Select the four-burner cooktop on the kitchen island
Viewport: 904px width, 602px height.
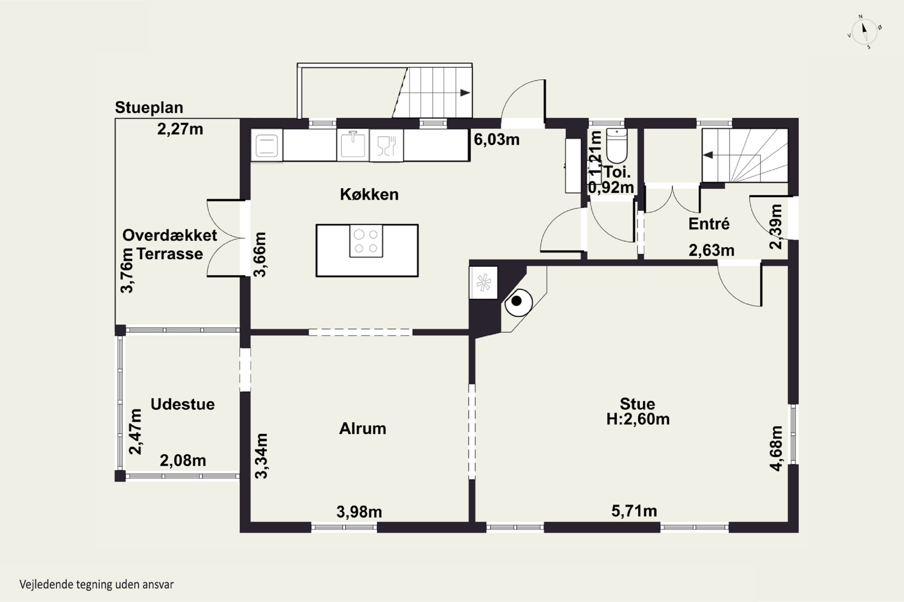[366, 241]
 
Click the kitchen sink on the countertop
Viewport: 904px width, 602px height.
[353, 144]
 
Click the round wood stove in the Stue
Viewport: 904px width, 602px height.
[519, 302]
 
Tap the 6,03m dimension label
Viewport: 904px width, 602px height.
[496, 140]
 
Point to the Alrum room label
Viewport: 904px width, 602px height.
[363, 428]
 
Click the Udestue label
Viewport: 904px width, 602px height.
[183, 404]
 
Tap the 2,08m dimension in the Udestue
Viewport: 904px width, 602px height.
[183, 460]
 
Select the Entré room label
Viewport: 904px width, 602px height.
[709, 224]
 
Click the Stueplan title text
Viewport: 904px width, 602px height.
[149, 107]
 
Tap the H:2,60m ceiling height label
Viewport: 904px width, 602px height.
[638, 419]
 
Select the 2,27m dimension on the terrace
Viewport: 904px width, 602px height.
[180, 129]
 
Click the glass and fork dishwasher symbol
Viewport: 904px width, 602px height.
[386, 145]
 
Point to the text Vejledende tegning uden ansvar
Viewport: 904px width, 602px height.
[96, 584]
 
